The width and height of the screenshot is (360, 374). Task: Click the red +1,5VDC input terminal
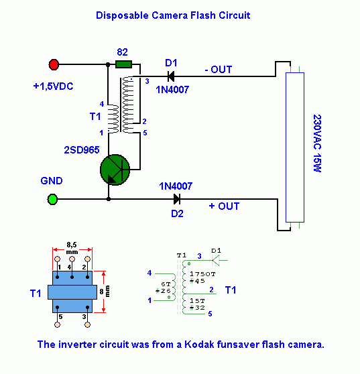(x=54, y=64)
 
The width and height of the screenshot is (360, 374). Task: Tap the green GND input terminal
(x=52, y=199)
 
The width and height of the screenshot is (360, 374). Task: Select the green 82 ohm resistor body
(x=123, y=64)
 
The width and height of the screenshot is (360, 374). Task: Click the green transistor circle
(x=115, y=170)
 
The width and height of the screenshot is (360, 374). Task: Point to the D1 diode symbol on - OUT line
(x=171, y=76)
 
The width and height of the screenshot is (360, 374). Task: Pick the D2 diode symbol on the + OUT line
(x=177, y=199)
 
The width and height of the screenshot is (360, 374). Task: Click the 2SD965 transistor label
(x=82, y=149)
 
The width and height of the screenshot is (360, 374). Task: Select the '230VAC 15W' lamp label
(x=317, y=143)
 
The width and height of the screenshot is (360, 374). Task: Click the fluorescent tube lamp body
(x=295, y=147)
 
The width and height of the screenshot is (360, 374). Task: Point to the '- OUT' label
(x=219, y=70)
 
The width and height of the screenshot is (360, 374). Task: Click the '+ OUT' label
(x=224, y=206)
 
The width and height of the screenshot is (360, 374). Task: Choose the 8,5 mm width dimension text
(x=72, y=248)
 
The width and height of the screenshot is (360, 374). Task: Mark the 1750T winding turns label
(x=202, y=274)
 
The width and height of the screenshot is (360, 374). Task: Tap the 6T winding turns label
(x=166, y=284)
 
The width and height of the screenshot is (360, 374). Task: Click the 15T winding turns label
(x=197, y=301)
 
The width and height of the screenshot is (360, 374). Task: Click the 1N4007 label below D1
(x=172, y=90)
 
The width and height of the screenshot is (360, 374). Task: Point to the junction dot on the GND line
(x=109, y=199)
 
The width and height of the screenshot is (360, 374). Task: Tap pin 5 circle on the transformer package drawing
(x=57, y=324)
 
